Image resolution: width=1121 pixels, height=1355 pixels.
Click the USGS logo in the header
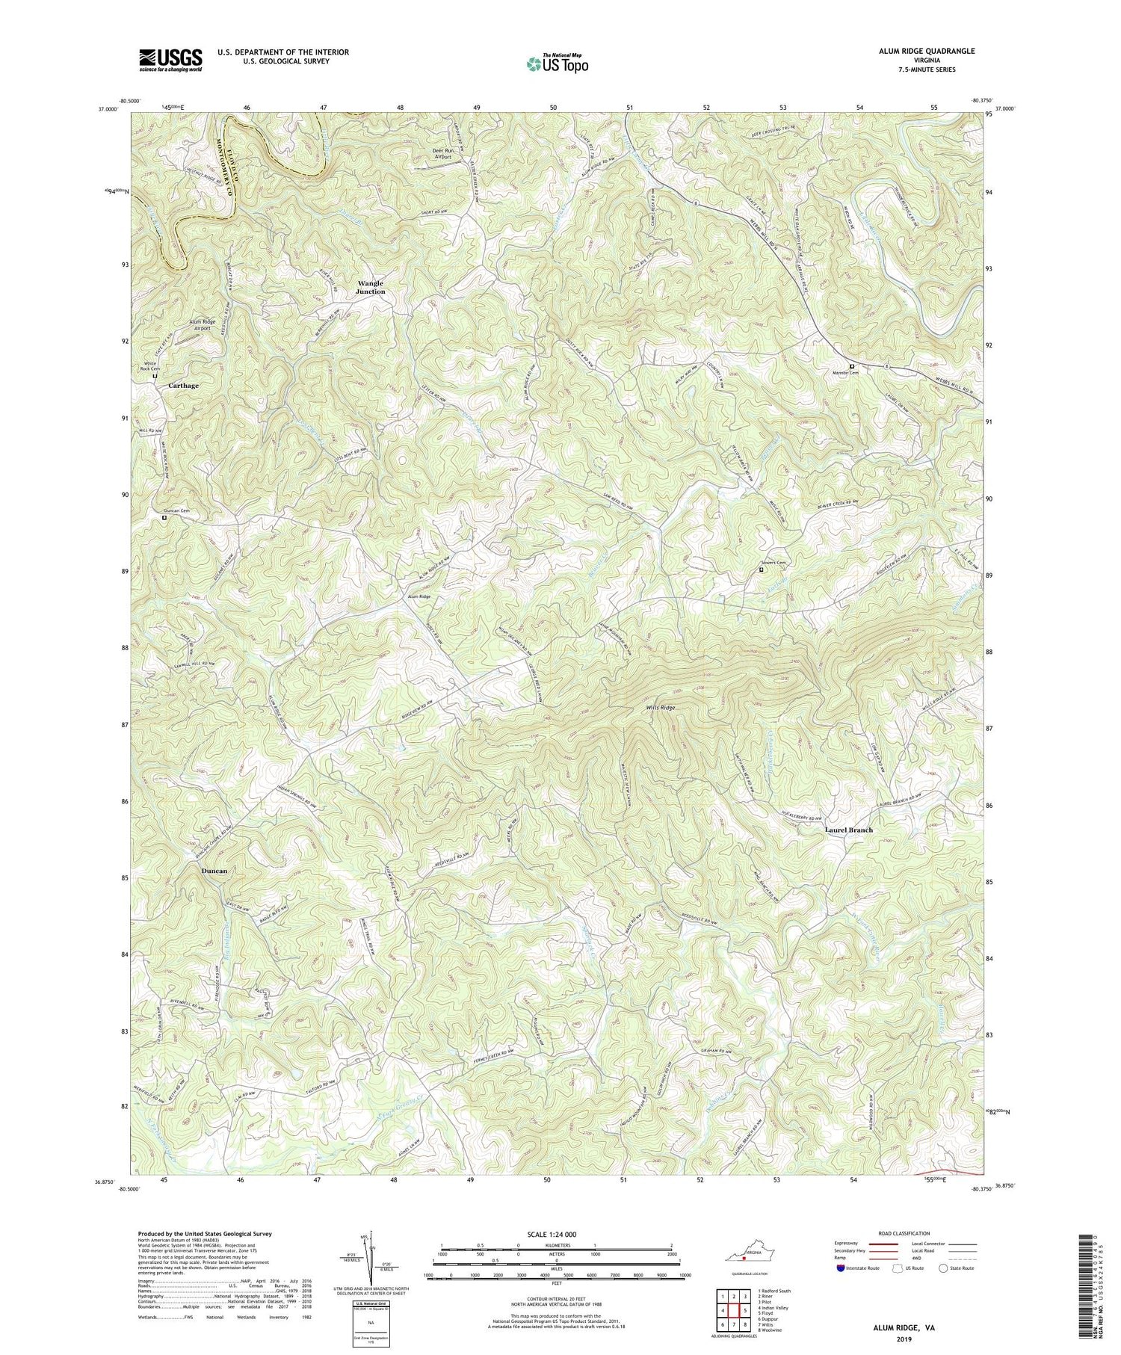(170, 60)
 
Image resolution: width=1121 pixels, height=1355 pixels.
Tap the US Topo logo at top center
(557, 64)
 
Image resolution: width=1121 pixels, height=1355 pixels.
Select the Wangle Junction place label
(371, 287)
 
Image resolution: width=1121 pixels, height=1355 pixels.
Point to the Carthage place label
(183, 386)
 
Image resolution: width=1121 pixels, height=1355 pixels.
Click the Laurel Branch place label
(848, 830)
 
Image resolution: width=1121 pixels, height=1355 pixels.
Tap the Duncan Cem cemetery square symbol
(164, 516)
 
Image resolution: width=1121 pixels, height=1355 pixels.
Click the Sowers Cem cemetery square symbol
(761, 570)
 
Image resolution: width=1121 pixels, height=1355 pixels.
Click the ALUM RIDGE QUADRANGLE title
(923, 51)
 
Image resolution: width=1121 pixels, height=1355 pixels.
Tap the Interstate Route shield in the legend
(842, 1268)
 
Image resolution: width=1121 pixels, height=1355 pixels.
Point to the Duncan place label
(214, 871)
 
